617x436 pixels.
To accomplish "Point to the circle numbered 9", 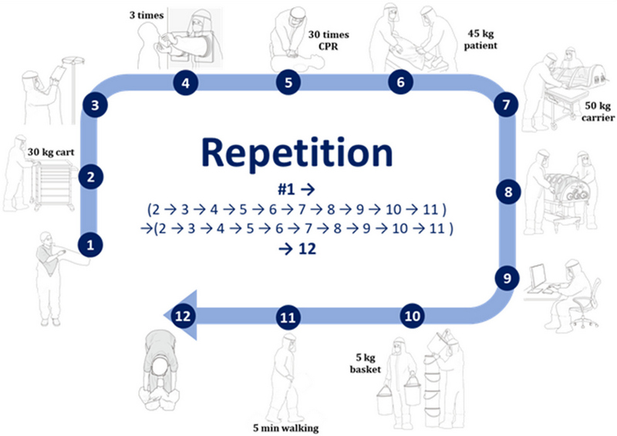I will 506,278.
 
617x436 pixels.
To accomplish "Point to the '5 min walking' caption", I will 286,427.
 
